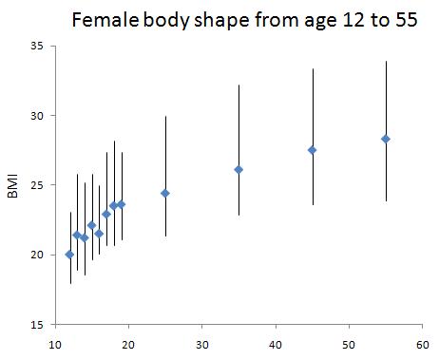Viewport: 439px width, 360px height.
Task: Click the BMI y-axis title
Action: click(x=13, y=184)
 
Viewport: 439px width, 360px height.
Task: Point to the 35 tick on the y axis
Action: click(x=37, y=46)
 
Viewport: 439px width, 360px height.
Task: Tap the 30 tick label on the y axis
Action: click(x=37, y=116)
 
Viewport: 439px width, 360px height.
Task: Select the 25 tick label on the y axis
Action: click(x=37, y=185)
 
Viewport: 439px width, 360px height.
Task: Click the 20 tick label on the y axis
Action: click(x=37, y=255)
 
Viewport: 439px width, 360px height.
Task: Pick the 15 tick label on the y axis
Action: click(x=37, y=324)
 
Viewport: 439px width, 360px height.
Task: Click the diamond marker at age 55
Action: click(x=386, y=139)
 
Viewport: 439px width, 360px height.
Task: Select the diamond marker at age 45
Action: click(x=312, y=150)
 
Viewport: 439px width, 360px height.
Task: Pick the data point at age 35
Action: click(x=239, y=170)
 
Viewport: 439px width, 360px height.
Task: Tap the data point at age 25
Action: click(x=165, y=193)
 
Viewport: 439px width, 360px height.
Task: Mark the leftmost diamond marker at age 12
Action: click(x=69, y=255)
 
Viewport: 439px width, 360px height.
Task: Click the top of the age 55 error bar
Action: click(x=386, y=62)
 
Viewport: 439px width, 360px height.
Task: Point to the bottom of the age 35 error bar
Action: click(x=239, y=215)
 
